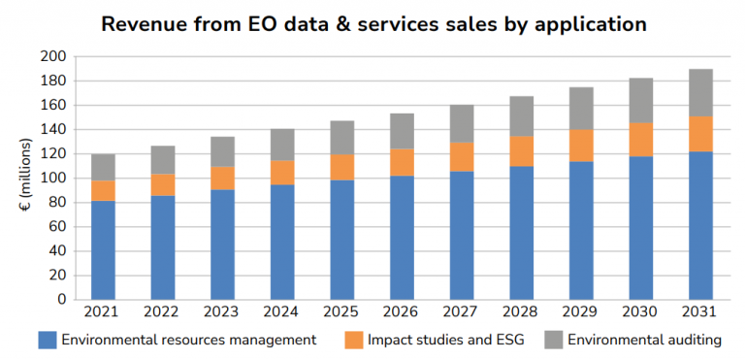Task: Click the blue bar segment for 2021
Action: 103,250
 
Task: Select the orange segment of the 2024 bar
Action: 282,173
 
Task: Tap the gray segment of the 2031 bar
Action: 700,93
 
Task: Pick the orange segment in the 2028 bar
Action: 522,151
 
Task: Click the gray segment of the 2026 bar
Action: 402,131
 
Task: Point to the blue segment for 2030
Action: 641,228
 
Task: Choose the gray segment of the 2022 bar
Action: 163,160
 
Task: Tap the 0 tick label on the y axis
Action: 62,300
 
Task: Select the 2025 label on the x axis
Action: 342,312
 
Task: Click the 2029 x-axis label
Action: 581,312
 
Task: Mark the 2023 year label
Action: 222,312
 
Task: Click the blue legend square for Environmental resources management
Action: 48,340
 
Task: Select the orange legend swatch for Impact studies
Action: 353,340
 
